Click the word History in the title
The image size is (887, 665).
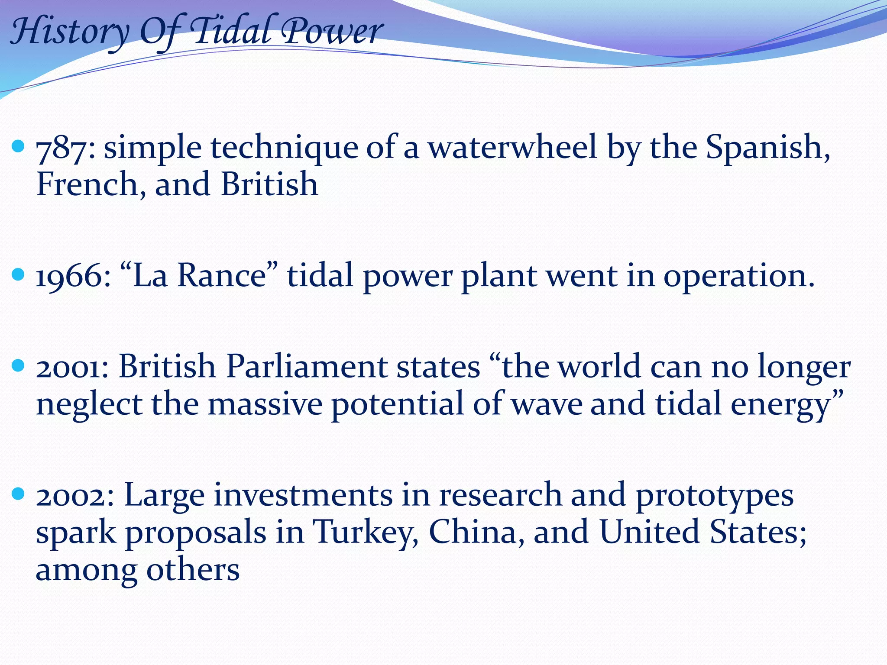[x=69, y=32]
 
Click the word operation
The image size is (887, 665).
[x=738, y=277]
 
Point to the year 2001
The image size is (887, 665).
[x=72, y=367]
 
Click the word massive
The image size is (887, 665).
[x=265, y=404]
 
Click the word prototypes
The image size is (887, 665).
[x=714, y=496]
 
